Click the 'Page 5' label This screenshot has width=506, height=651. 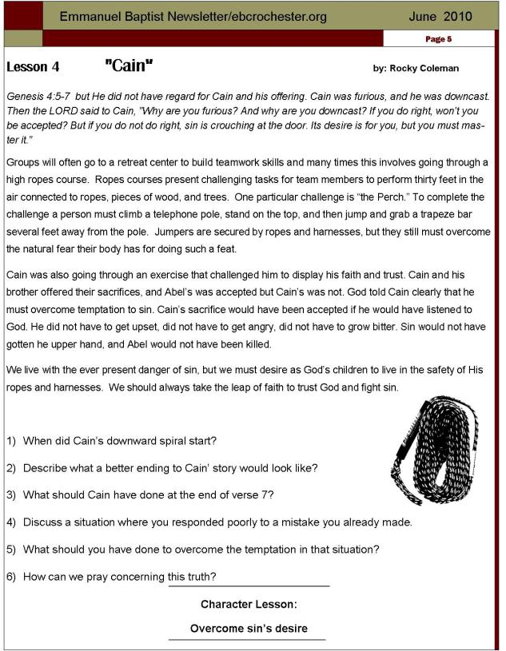coord(438,38)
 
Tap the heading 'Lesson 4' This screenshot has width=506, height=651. coord(32,67)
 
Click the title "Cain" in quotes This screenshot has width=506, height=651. coord(129,65)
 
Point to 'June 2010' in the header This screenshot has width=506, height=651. coord(440,16)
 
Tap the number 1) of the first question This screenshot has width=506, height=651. coord(12,441)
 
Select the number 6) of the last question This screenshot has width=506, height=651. coord(12,576)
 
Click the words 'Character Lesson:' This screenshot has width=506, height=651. coord(249,605)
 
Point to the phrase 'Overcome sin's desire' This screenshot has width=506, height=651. coord(249,629)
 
